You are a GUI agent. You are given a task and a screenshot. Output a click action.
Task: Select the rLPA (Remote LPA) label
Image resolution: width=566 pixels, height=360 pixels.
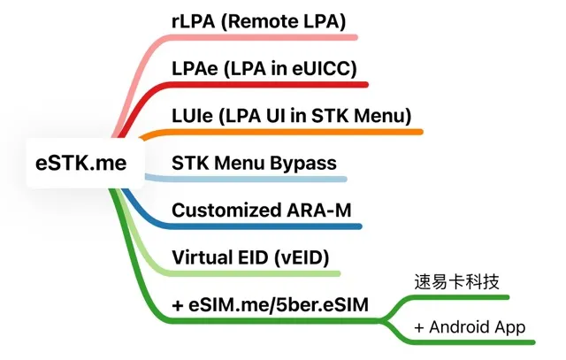258,20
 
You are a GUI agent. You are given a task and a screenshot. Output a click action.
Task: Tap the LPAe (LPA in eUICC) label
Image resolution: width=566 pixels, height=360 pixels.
264,68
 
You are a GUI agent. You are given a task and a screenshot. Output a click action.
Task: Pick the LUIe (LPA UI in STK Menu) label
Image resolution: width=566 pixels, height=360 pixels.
291,116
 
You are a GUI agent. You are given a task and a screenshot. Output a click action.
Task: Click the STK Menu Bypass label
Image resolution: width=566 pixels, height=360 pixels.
253,163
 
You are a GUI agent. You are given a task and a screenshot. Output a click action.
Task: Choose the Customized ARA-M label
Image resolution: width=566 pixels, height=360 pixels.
259,211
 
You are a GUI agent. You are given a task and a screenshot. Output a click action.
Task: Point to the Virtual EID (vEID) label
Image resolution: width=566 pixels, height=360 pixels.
250,258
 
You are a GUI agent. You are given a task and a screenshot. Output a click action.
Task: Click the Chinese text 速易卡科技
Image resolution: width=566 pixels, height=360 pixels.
457,282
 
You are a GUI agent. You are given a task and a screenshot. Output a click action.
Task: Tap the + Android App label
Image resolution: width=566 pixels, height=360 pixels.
470,328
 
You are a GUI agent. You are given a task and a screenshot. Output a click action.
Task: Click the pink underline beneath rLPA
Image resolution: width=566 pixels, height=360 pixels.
265,38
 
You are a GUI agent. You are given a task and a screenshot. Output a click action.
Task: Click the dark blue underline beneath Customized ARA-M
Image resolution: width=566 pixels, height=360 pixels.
265,227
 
